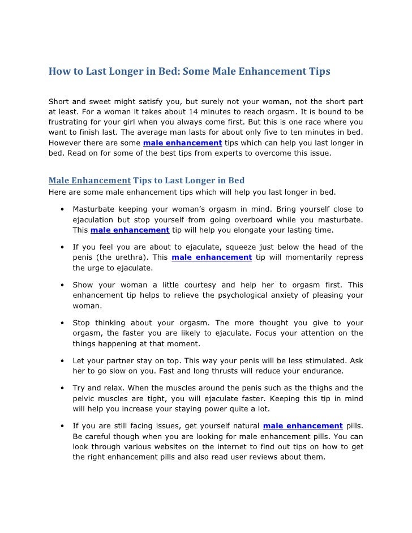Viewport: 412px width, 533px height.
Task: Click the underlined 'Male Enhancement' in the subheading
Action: tap(90, 180)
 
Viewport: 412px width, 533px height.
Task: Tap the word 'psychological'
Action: tap(235, 295)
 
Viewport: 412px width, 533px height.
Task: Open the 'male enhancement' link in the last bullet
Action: tap(303, 426)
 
